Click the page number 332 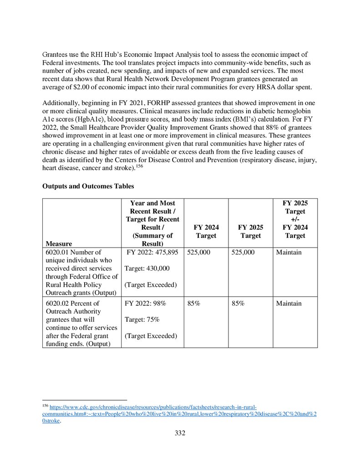click(180, 433)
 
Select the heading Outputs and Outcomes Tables click(88, 186)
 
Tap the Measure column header click(59, 243)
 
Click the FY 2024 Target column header click(206, 231)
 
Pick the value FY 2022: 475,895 click(152, 252)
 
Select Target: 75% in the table click(142, 319)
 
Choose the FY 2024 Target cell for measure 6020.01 click(199, 252)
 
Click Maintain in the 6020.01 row click(289, 252)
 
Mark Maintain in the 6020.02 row click(289, 303)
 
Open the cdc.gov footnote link click(152, 407)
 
